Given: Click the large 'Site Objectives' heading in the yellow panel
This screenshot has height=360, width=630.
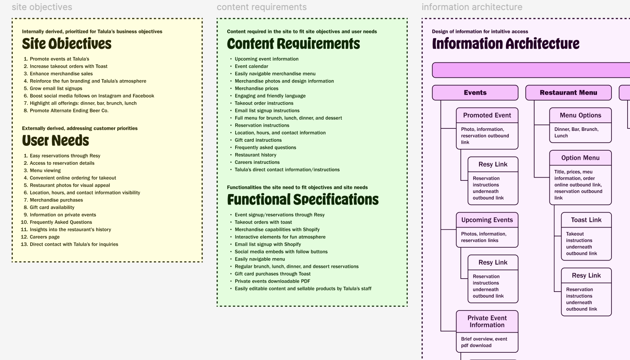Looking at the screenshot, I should (x=66, y=43).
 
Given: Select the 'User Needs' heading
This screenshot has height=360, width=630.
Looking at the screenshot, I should (x=55, y=141).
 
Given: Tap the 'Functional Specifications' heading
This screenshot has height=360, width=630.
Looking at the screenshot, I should (x=303, y=200).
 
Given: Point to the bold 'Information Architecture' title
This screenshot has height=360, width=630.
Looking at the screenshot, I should (x=506, y=43).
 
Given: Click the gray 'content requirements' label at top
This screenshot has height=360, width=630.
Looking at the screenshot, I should (x=261, y=7).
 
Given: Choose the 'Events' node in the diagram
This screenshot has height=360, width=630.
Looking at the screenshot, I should (x=475, y=93).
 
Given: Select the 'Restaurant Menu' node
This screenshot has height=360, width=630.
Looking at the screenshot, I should (x=568, y=93).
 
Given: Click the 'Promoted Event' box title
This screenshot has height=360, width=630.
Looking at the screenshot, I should (x=487, y=115).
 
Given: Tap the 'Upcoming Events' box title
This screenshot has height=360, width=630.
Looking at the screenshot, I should (x=487, y=220).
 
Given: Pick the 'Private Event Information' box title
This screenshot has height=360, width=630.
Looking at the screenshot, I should (x=487, y=321).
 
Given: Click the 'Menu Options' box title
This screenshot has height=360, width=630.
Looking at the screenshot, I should (x=580, y=115).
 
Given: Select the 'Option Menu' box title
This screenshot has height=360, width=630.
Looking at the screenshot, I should (x=580, y=158).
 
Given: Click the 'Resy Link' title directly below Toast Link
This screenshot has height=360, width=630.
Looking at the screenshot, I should (x=586, y=275).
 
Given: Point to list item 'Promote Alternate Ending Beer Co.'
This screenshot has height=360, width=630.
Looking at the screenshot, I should (x=69, y=111).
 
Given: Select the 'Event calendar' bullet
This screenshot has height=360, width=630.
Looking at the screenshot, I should (x=251, y=66).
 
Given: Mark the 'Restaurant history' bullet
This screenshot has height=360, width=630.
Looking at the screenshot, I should (x=255, y=155).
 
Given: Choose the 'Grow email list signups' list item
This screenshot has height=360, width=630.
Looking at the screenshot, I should (x=56, y=89).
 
